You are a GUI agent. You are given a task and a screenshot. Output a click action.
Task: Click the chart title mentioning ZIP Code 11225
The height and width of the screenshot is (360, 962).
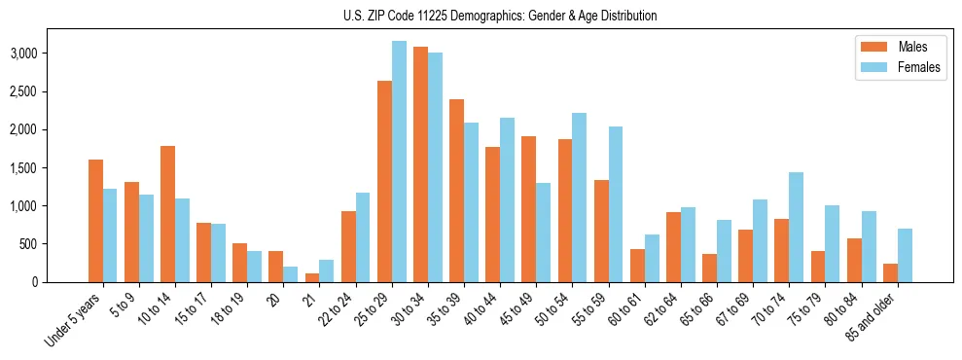click(x=500, y=16)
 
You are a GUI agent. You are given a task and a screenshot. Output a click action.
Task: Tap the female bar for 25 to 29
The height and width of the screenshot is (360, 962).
click(x=399, y=162)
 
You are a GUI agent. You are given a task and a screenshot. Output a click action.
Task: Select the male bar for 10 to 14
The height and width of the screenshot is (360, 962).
click(x=167, y=214)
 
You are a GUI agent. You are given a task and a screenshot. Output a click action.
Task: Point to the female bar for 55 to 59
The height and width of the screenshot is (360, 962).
click(x=615, y=204)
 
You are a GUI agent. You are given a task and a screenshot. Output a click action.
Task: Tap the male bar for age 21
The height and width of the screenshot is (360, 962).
click(x=312, y=277)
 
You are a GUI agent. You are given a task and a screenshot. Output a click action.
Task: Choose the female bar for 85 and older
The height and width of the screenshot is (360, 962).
click(x=905, y=255)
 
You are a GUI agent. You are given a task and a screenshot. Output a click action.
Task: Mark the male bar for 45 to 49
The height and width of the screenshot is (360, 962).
click(x=528, y=209)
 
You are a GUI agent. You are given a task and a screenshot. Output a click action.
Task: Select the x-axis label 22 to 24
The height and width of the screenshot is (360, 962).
click(x=337, y=308)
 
